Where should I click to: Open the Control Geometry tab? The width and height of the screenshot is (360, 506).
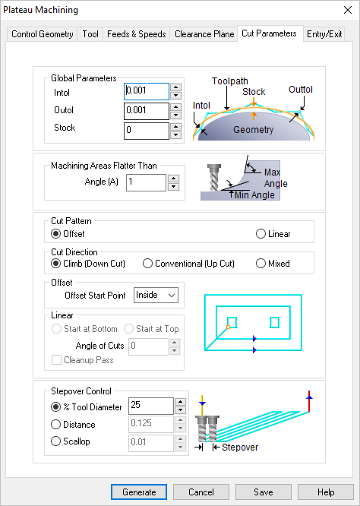(x=43, y=34)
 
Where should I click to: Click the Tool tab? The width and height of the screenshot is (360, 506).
(x=90, y=34)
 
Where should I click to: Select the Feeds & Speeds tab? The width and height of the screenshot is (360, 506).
(x=137, y=34)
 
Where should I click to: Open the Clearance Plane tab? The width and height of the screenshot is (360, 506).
(x=204, y=34)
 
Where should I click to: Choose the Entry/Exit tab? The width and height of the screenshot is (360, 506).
(x=324, y=34)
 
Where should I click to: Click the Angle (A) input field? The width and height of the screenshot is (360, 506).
(x=146, y=182)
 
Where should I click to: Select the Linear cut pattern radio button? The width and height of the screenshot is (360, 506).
(x=261, y=234)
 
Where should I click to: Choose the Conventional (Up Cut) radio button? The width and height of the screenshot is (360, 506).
(x=148, y=264)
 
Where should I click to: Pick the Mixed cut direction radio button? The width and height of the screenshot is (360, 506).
(x=261, y=264)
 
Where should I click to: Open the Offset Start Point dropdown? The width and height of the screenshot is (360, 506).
(x=156, y=295)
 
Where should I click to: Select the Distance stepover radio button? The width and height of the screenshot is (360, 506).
(x=55, y=425)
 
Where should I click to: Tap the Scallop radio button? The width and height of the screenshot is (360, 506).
(x=55, y=441)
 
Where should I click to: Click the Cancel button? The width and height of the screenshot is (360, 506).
(x=201, y=492)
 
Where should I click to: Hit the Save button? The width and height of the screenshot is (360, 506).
(x=263, y=492)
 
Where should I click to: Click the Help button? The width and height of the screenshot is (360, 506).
(x=325, y=492)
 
